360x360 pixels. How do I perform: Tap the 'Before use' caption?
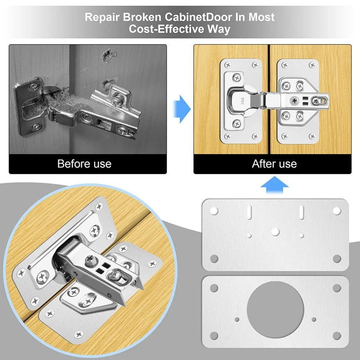(x=84, y=163)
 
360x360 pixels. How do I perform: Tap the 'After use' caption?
(x=274, y=163)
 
